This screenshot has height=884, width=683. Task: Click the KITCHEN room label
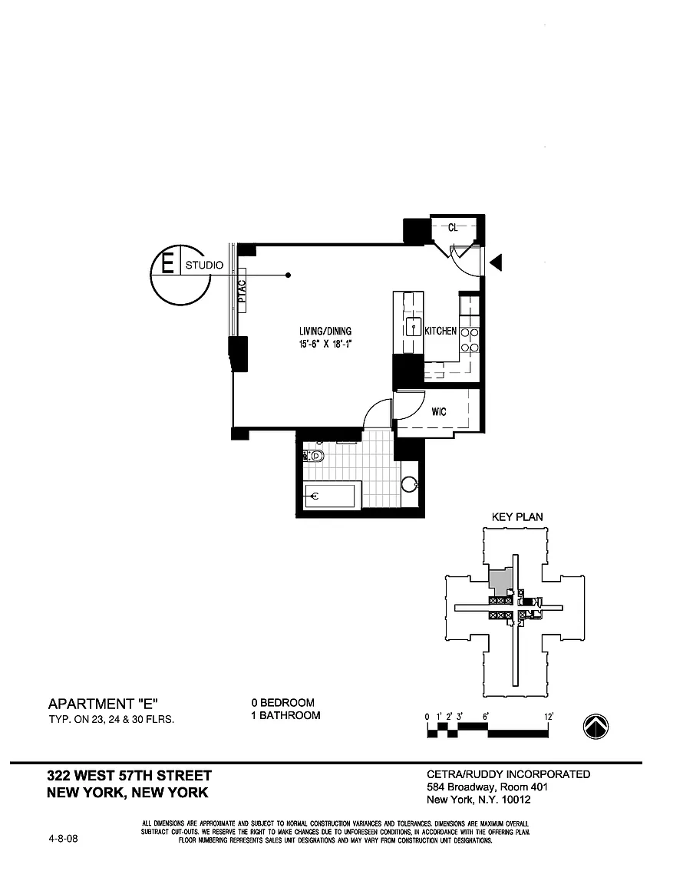pos(440,331)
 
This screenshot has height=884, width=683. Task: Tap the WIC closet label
pos(438,412)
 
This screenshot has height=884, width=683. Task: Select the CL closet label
pos(453,226)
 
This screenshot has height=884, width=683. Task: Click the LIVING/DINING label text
pos(325,331)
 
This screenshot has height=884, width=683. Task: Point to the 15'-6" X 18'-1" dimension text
pos(325,344)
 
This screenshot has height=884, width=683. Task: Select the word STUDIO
pos(204,266)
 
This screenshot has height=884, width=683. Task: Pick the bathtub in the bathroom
pos(332,496)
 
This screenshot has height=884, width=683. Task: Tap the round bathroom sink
pos(410,484)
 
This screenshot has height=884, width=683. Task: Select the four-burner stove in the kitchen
pos(470,340)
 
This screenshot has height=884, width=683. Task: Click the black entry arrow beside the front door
pos(496,263)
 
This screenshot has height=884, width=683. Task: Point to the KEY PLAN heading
pos(516,517)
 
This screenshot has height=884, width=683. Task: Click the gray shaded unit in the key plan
pos(500,581)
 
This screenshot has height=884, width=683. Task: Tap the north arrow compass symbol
pos(596,725)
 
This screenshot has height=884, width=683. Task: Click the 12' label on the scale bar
pos(548,716)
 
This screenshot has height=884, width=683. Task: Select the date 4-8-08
pos(63,839)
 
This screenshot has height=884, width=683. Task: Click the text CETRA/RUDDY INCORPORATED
pos(508,774)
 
